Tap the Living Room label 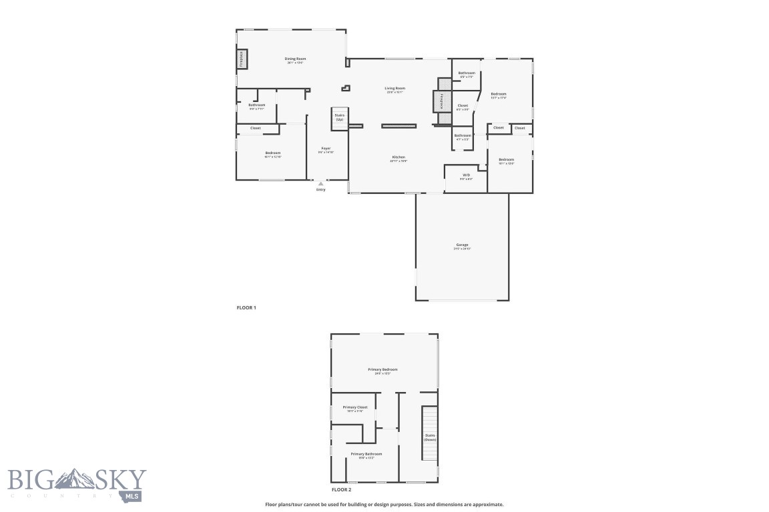[x=395, y=88]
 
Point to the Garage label [x=462, y=245]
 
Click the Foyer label [x=326, y=149]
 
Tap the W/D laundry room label [x=466, y=176]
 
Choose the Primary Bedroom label [x=382, y=369]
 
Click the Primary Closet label [x=354, y=407]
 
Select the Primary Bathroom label [x=366, y=454]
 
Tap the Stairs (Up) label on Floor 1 [x=340, y=117]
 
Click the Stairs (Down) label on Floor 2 [x=430, y=437]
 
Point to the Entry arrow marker [x=320, y=183]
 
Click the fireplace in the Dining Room [x=242, y=59]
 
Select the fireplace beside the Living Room [x=441, y=102]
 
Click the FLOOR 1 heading [x=246, y=307]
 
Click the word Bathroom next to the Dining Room [x=257, y=105]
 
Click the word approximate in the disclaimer [x=489, y=505]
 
